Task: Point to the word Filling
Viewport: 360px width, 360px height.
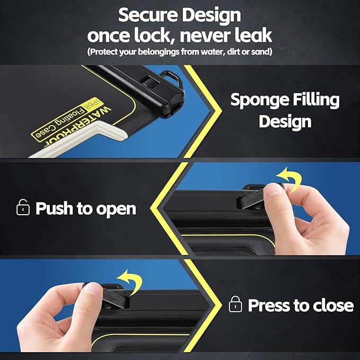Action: [316, 100]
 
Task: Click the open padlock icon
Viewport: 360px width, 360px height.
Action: [23, 207]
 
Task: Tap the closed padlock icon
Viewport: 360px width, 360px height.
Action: [235, 304]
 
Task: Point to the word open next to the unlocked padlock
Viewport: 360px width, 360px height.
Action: [116, 209]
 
